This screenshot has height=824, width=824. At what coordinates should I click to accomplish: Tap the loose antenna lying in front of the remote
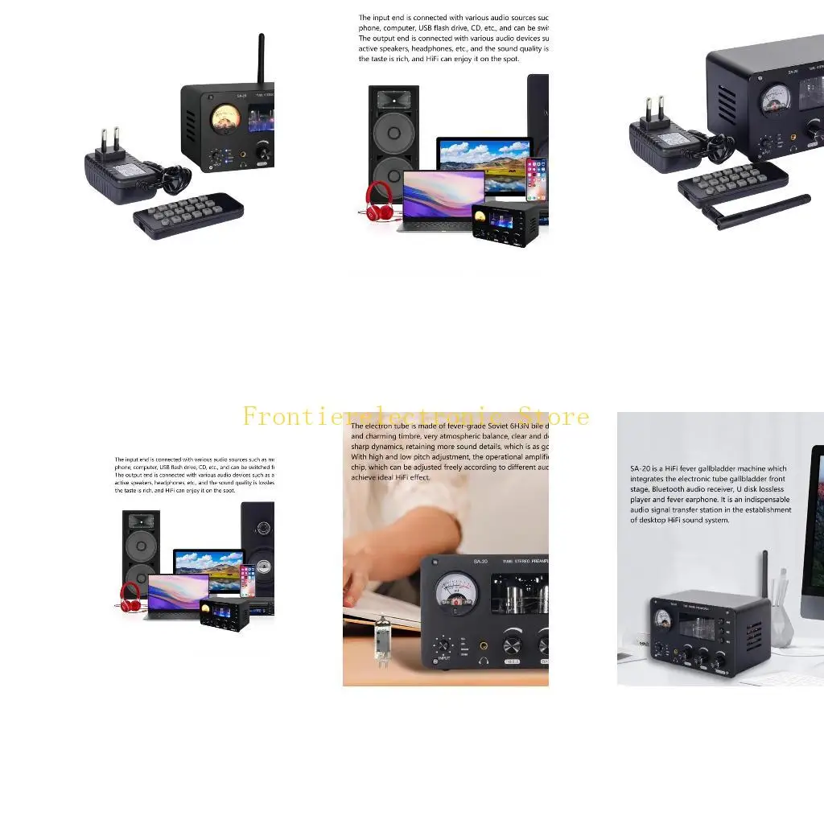click(756, 211)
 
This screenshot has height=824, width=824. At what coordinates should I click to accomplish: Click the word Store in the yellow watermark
click(554, 417)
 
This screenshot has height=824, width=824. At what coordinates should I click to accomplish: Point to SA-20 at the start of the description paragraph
click(641, 468)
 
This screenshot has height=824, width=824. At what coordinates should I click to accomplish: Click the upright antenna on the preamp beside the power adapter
click(262, 60)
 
